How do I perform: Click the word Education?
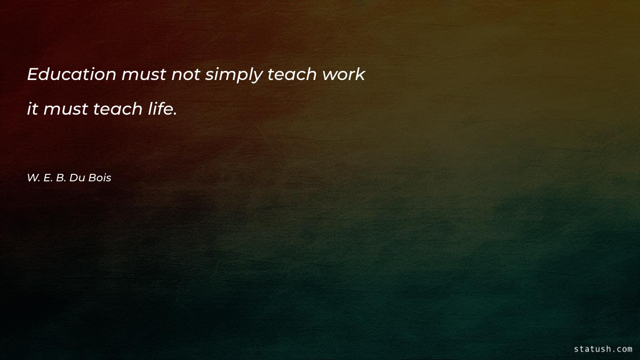71,75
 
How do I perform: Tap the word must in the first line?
143,75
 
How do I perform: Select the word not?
185,75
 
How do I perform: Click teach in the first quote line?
292,75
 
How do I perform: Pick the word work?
343,75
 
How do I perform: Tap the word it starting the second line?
33,109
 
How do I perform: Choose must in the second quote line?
66,110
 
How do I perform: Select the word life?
159,109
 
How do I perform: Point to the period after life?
175,114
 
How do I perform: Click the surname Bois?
100,178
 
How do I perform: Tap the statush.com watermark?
603,349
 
